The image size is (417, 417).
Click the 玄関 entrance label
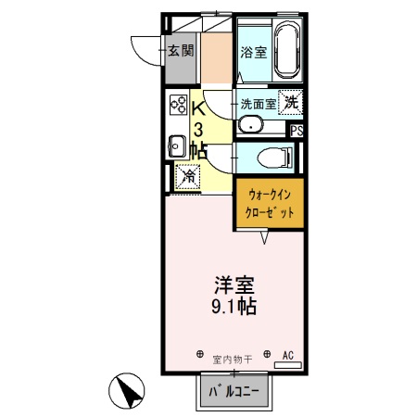(x=181, y=51)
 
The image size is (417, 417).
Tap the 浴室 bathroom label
(x=253, y=52)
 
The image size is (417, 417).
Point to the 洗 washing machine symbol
(x=292, y=102)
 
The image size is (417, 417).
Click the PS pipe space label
(x=297, y=132)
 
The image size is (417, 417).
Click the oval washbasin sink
(x=250, y=124)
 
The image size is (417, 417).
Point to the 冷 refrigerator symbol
(x=188, y=174)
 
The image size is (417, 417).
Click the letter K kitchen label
(x=199, y=108)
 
